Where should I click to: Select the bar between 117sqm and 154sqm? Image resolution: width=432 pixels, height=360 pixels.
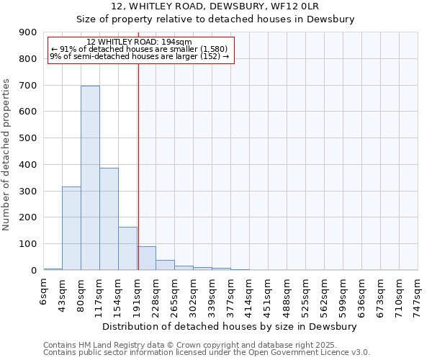pos(109,219)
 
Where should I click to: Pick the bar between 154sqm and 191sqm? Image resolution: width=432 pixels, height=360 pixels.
pos(127,248)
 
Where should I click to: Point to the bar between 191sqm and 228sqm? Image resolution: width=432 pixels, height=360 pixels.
pos(146,258)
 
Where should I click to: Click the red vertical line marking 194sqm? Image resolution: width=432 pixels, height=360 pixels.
pos(138,180)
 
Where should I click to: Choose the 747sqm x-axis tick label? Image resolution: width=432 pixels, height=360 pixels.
pos(418,293)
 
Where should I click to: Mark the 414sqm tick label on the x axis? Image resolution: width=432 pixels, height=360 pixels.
pos(249,293)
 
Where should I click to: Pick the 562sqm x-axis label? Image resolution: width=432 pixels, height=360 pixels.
pos(324,293)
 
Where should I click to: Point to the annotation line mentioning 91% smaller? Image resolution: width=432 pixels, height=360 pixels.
pos(139,49)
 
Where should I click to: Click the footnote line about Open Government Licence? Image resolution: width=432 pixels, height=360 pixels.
pos(207,352)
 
